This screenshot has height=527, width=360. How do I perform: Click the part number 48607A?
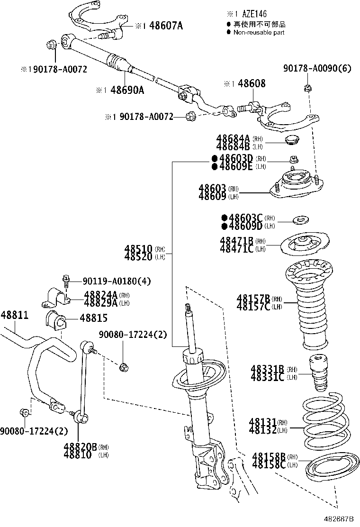click(x=166, y=26)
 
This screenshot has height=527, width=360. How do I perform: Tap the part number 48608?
click(x=252, y=83)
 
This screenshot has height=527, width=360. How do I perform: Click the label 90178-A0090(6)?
click(x=317, y=69)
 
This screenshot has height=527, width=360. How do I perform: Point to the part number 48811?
click(x=14, y=315)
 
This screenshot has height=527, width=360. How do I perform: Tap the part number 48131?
click(x=263, y=422)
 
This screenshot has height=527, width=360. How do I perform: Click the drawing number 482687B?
click(x=340, y=520)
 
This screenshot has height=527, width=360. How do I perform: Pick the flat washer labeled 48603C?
click(x=300, y=219)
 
